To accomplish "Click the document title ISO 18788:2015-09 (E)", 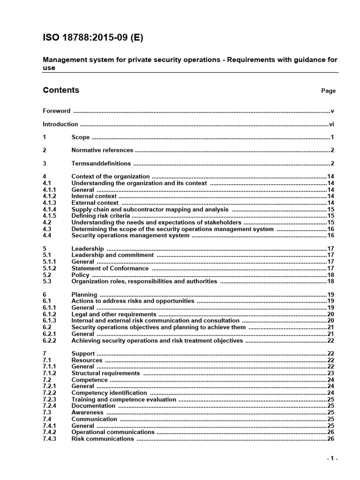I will point(93,38).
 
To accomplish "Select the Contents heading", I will point(61,90).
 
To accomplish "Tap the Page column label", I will point(328,91).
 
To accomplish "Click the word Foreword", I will point(57,111).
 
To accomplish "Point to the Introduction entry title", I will point(60,124).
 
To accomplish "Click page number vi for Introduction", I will point(331,124).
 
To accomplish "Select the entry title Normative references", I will point(102,150).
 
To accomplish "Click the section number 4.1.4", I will point(49,210).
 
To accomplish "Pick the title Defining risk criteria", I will point(100,216).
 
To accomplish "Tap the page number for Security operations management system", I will point(330,236).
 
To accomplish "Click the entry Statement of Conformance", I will point(110,269).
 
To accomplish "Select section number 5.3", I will point(47,282).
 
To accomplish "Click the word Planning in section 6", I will point(84,295).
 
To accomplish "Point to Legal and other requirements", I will point(113,315).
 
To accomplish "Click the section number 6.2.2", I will point(49,341).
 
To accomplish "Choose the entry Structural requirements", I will point(105,374).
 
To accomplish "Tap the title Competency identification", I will point(109,393).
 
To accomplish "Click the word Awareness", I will point(87,412).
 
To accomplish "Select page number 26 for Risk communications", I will point(330,439).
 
